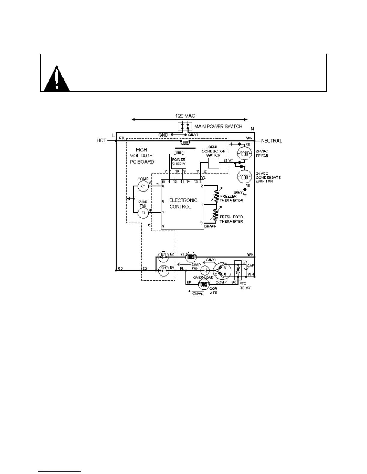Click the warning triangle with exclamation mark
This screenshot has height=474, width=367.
click(56, 79)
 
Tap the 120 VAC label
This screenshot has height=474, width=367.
click(185, 116)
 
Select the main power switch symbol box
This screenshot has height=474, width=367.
click(185, 126)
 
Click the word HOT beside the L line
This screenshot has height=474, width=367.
click(101, 140)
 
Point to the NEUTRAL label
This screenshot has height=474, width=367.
click(272, 141)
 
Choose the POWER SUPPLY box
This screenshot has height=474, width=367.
click(178, 162)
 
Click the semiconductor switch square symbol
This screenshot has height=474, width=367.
click(213, 163)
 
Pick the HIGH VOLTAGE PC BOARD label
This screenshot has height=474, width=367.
click(142, 156)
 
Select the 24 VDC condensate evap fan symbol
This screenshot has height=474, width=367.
click(245, 177)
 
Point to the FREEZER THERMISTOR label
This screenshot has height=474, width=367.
click(231, 198)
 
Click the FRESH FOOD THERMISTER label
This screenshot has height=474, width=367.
click(231, 219)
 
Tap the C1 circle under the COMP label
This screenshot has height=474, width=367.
click(143, 186)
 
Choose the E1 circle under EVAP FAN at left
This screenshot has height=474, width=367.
click(143, 213)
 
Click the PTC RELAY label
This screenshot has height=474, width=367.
click(245, 286)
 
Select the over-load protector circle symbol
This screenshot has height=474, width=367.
click(205, 271)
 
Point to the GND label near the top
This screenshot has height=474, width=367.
click(163, 135)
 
